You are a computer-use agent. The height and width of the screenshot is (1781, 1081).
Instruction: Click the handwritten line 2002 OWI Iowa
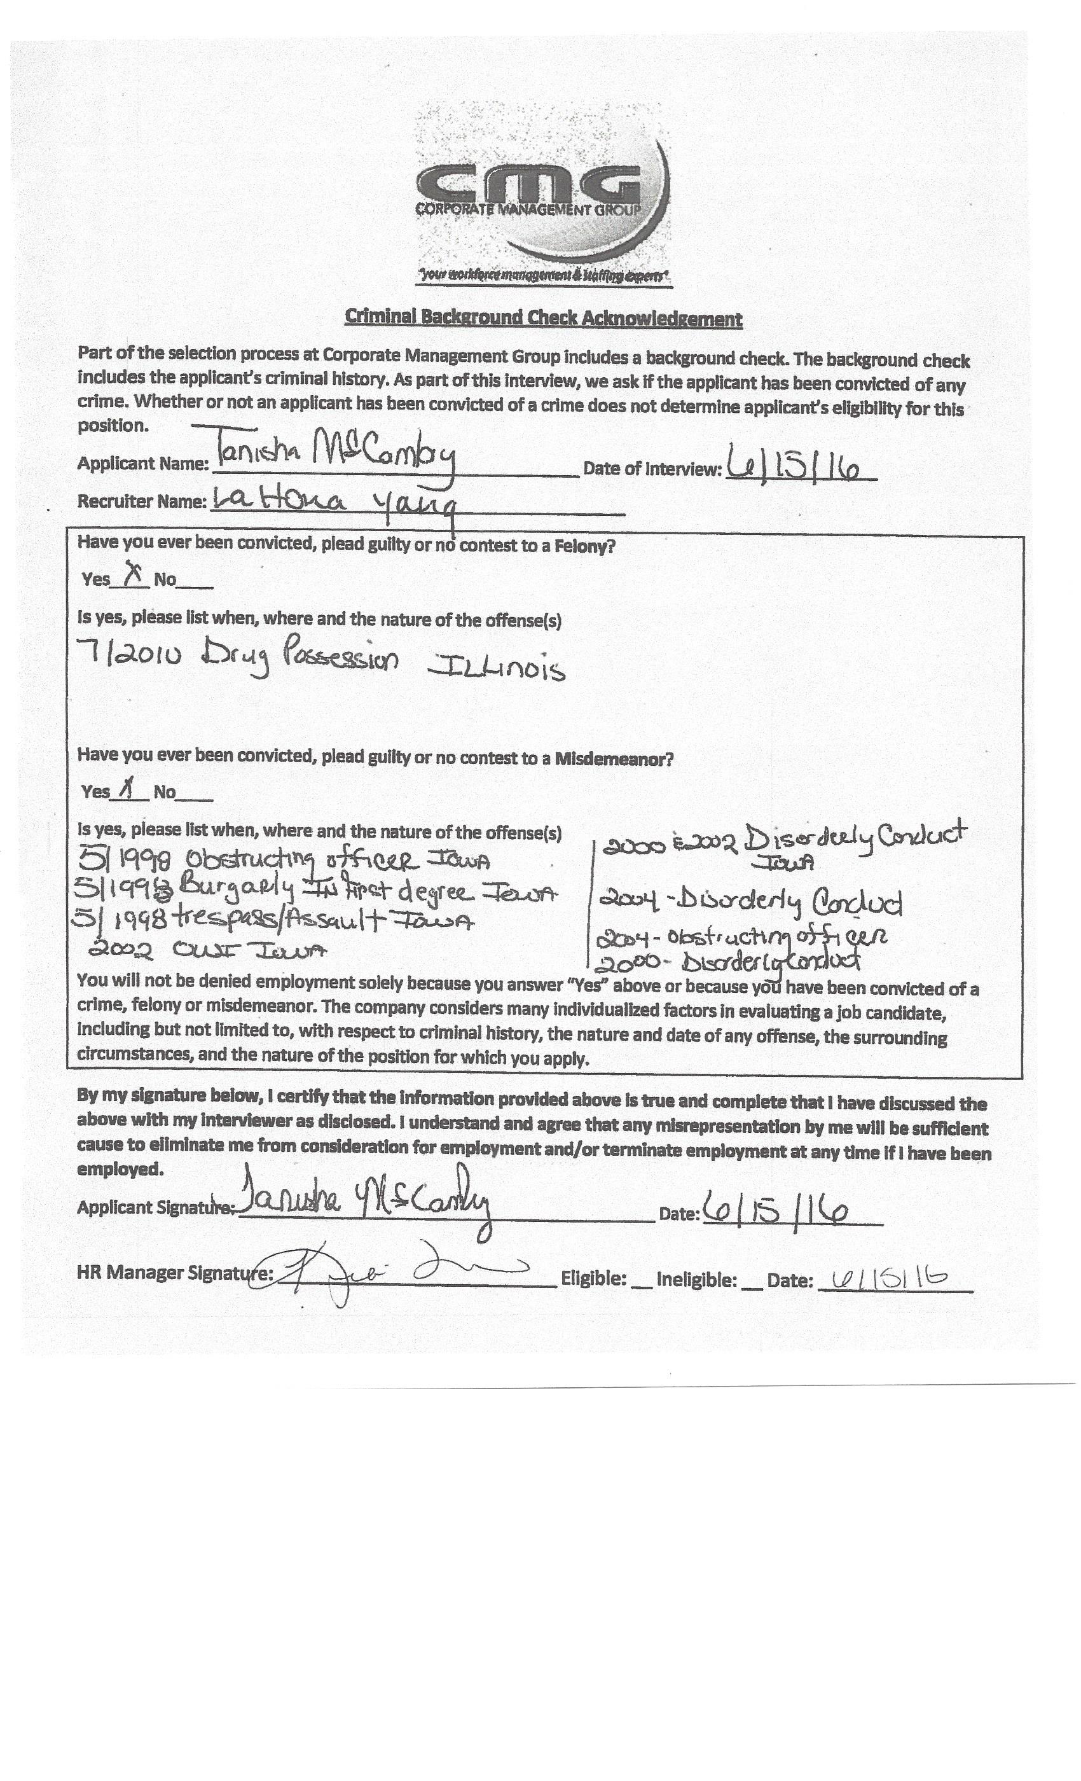click(x=207, y=951)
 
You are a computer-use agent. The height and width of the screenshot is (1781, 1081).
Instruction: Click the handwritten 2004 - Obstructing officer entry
click(x=741, y=938)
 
